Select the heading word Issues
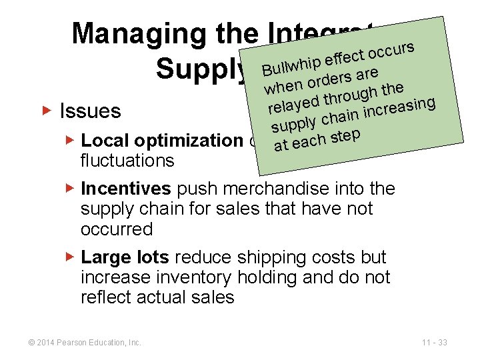(90, 111)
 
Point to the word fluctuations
(127, 161)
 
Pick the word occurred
(117, 229)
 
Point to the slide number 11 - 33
(434, 343)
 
